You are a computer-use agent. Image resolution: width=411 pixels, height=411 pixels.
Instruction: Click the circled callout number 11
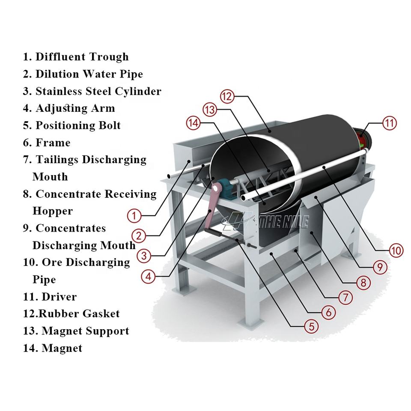pos(390,123)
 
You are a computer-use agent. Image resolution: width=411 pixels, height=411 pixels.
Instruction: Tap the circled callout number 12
pos(227,96)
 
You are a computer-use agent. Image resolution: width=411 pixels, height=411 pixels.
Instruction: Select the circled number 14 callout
pos(193,123)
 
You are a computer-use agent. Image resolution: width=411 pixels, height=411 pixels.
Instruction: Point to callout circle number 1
pos(134,216)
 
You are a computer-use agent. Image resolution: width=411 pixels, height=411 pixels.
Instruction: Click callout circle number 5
pos(311,327)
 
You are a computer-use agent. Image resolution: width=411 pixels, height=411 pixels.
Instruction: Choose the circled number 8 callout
pos(363,283)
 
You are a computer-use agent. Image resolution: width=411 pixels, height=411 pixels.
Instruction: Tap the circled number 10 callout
pos(396,250)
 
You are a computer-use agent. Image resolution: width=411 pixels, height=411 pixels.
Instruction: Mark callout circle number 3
pos(144,256)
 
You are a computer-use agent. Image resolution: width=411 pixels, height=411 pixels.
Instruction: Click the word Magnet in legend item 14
pos(62,348)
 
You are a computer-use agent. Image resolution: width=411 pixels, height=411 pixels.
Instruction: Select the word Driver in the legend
pos(59,297)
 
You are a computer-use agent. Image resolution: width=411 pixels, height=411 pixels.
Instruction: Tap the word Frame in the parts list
pos(53,143)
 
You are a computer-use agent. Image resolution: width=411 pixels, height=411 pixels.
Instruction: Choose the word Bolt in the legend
pos(110,125)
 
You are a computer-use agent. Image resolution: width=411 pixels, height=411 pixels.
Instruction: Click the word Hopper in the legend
pos(53,211)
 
